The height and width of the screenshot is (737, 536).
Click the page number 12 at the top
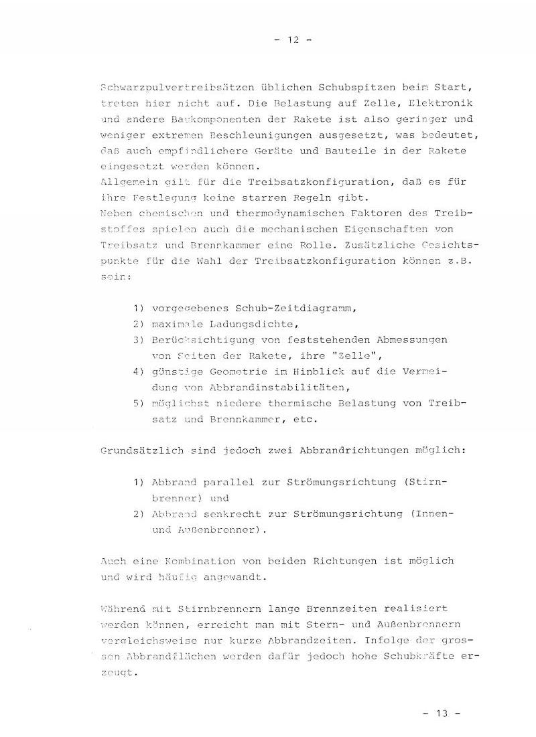[x=293, y=39]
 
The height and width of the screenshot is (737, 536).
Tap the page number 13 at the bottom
[x=442, y=714]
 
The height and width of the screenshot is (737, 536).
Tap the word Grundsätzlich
[x=136, y=451]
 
